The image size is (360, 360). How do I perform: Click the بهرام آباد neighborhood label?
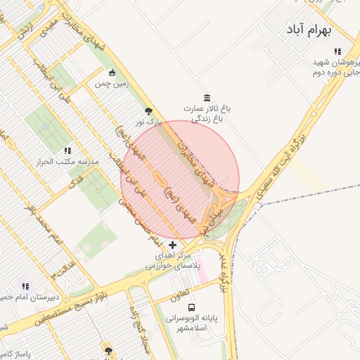point(309,30)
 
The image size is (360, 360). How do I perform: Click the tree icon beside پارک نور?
point(148,111)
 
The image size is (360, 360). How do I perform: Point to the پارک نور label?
point(149,122)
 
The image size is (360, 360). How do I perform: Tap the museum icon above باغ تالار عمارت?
point(206,97)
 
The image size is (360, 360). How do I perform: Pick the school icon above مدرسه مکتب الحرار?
point(67,150)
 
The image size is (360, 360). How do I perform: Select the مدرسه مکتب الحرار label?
point(67,162)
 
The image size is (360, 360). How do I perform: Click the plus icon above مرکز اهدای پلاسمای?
point(173,244)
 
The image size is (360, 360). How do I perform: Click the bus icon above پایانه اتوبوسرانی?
point(191,307)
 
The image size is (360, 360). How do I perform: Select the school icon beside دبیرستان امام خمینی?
point(26,286)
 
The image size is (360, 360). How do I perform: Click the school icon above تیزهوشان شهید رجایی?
point(338,51)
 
